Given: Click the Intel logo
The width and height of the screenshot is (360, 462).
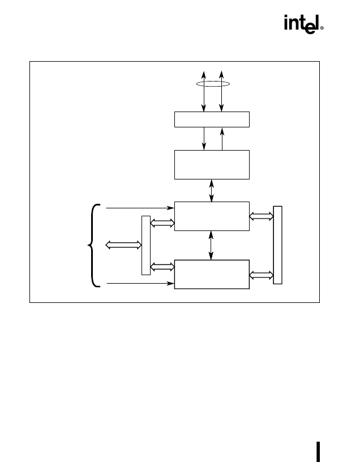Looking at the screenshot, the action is (x=302, y=24).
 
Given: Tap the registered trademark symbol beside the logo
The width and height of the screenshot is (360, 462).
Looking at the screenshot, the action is (x=322, y=28).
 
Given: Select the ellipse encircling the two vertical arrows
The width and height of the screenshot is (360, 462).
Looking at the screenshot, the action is (x=213, y=86).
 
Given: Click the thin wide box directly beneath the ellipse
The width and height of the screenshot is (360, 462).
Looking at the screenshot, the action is (x=212, y=119).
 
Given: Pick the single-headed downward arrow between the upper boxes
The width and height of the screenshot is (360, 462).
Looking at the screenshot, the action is (x=204, y=139).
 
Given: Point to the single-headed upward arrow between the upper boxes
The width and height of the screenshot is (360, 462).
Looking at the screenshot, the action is (x=222, y=139).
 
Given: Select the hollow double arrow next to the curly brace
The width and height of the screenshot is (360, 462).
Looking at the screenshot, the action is (x=123, y=245).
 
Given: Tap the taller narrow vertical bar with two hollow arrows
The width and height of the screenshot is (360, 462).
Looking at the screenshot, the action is (x=277, y=245).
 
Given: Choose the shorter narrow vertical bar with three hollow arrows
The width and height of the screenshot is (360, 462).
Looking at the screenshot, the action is (x=146, y=246).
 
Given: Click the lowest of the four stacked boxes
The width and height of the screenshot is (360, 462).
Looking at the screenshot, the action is (x=212, y=274).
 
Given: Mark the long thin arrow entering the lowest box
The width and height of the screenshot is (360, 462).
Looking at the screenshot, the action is (x=140, y=284).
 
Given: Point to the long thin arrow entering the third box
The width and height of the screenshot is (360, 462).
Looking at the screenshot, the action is (x=140, y=208).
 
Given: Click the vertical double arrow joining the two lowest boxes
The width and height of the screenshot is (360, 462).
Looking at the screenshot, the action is (x=211, y=245).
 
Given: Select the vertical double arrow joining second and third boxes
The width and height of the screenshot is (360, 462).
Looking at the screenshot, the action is (x=211, y=190).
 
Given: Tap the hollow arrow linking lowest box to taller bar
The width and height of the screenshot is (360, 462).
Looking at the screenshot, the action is (x=262, y=275).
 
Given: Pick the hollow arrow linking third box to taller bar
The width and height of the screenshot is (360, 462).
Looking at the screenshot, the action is (x=262, y=216).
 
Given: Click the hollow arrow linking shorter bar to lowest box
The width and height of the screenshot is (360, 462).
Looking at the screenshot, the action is (x=162, y=267).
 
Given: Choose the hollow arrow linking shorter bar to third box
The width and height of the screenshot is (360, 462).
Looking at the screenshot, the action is (x=162, y=223).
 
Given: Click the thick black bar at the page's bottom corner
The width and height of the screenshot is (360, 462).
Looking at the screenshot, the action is (x=318, y=452).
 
